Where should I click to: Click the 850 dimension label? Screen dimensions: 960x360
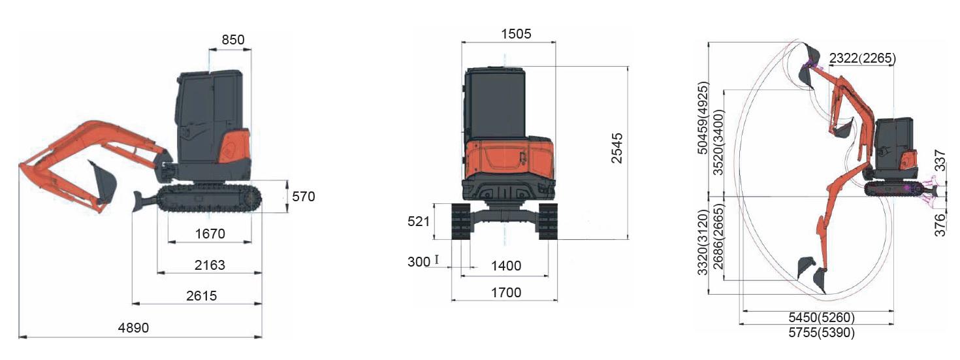click(232, 40)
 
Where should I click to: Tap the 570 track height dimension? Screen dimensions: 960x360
click(304, 197)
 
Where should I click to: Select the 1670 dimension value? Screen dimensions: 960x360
click(210, 234)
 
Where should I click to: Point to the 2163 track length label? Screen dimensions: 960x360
click(210, 265)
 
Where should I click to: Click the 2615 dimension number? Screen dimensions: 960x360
click(201, 296)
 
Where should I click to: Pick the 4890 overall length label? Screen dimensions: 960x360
click(133, 328)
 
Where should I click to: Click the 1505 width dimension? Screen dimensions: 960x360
click(516, 34)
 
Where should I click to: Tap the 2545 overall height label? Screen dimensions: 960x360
click(616, 148)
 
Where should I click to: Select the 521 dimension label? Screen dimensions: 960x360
click(418, 221)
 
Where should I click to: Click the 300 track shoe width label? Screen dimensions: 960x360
click(419, 261)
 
